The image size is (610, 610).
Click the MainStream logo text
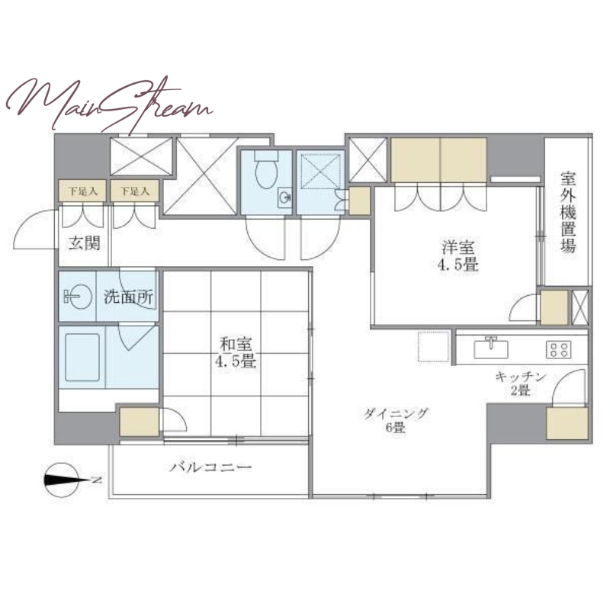(109, 105)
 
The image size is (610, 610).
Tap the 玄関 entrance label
(84, 243)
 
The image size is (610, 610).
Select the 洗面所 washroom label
(128, 297)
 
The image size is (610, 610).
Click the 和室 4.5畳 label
(236, 353)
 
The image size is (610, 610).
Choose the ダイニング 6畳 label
(396, 421)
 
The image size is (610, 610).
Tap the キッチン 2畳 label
(521, 384)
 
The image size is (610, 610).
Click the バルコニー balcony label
(210, 467)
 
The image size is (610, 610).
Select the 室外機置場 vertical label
(568, 213)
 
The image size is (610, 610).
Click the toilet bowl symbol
(266, 170)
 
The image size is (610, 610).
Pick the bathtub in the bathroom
(82, 357)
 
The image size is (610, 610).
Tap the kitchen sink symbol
(491, 348)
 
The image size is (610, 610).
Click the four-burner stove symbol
(559, 349)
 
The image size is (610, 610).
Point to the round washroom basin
(78, 298)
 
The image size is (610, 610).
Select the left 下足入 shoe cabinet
(82, 191)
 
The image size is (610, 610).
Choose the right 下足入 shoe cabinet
(134, 191)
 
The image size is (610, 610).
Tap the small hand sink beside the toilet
(284, 198)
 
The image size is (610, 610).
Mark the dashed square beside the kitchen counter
(432, 347)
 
